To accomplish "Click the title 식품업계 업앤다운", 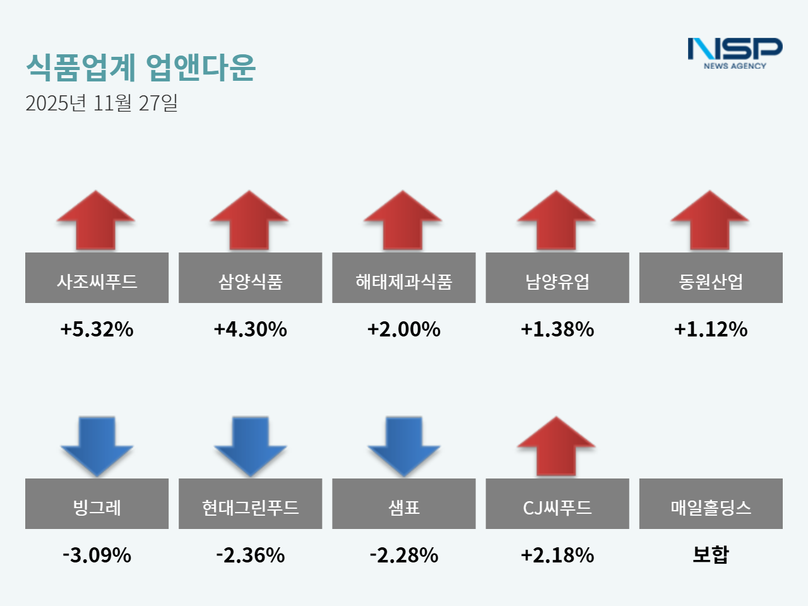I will (140, 67).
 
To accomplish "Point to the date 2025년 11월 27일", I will (102, 103).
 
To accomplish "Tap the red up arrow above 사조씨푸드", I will (96, 220).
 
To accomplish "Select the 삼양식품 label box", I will (250, 278).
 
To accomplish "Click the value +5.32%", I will (97, 329).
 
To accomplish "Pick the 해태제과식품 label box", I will (404, 278).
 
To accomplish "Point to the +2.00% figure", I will (404, 329).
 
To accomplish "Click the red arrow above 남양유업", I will (556, 220).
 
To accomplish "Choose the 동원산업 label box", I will (711, 278).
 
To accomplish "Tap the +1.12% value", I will (711, 329).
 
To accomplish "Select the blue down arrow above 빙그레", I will (97, 446).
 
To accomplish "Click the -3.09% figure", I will (97, 555).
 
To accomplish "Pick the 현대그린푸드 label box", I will (250, 504).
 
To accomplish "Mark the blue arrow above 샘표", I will (404, 446).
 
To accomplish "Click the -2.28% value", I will (404, 555).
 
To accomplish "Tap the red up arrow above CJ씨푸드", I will (556, 446).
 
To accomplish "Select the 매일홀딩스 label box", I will (711, 504).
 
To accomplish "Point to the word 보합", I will (711, 554).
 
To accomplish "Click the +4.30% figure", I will (250, 329).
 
